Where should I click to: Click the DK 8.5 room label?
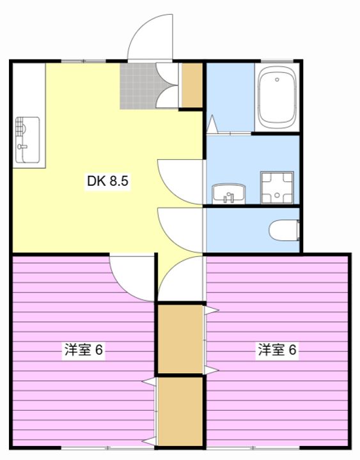(x=107, y=181)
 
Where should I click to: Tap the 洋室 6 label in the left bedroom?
(x=84, y=349)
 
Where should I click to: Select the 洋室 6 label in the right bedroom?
(x=278, y=349)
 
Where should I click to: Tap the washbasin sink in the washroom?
(x=229, y=194)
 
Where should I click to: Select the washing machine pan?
(x=277, y=188)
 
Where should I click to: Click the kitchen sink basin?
(x=27, y=140)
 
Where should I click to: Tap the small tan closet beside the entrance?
(x=192, y=85)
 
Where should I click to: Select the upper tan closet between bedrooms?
(x=180, y=339)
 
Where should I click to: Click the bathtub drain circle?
(x=277, y=79)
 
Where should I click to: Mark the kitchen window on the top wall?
(x=83, y=61)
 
